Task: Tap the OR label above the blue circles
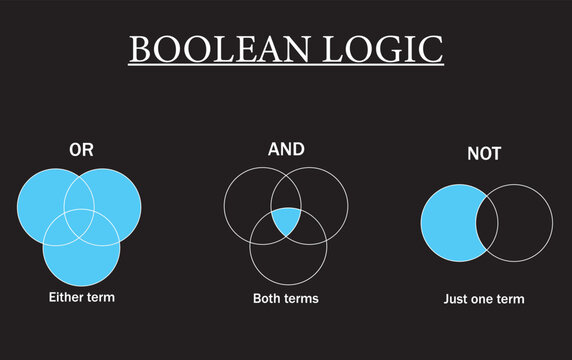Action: point(81,150)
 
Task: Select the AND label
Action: point(286,150)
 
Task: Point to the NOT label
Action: point(484,154)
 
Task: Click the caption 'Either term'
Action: point(82,297)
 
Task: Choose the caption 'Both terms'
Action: point(286,298)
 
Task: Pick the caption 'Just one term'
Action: point(484,299)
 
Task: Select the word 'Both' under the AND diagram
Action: point(268,298)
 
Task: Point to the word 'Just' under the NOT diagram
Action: point(457,299)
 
